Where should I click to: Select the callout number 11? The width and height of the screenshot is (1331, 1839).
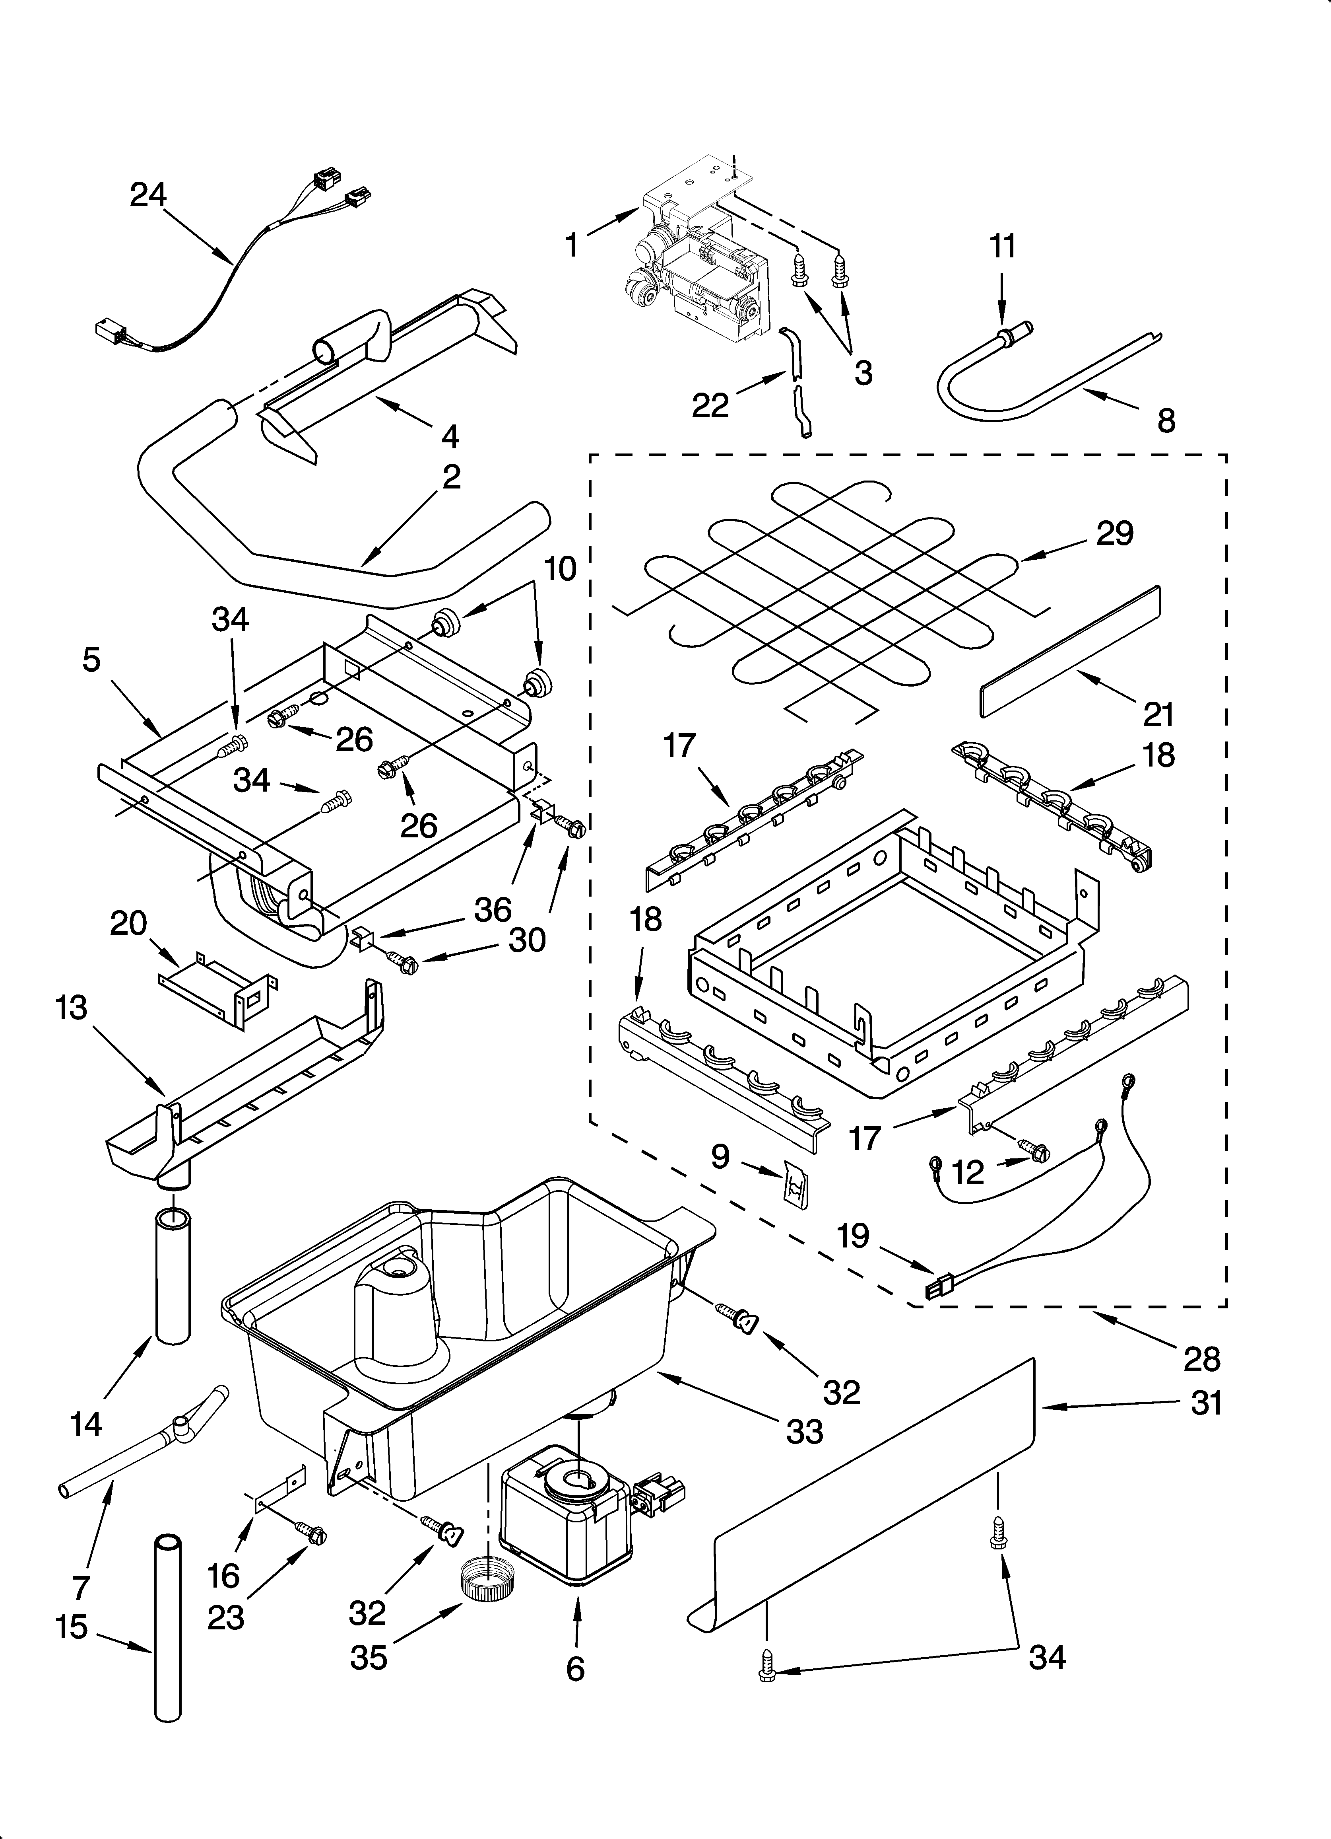point(1003,246)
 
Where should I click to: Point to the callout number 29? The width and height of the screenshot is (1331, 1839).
point(1115,533)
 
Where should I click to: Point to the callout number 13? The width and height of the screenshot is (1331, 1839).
point(72,1010)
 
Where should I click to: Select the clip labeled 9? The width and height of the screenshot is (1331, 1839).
point(797,1189)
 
